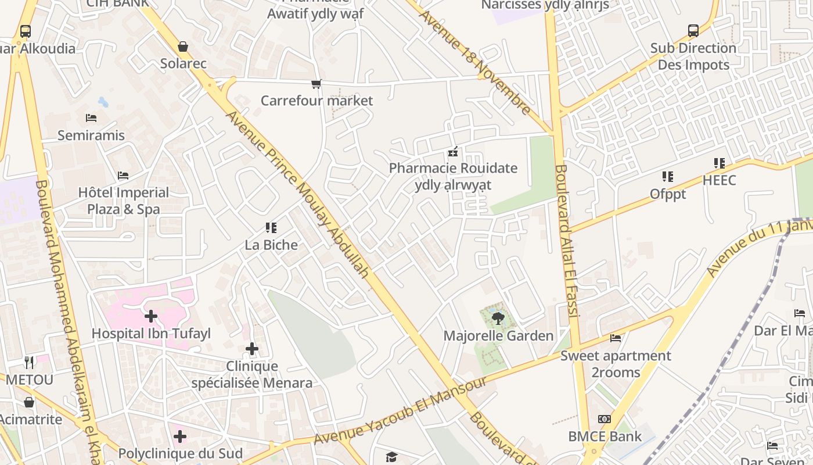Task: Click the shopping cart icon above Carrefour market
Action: (x=316, y=84)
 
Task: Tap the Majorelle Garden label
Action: (x=498, y=336)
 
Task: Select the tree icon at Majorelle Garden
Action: (x=498, y=318)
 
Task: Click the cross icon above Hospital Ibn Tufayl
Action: (x=151, y=316)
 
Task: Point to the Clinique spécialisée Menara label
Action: (x=251, y=375)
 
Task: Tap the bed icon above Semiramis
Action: (x=91, y=118)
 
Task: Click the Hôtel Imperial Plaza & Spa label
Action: (x=124, y=201)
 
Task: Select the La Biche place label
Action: (x=271, y=245)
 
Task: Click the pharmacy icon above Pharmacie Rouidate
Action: (x=453, y=152)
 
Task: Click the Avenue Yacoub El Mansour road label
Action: (x=401, y=410)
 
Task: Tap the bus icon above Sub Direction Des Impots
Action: (x=693, y=31)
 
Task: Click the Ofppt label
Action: (x=668, y=194)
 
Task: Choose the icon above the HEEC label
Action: (x=719, y=163)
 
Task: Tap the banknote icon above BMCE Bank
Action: (x=605, y=419)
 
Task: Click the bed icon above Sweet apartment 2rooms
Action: (x=616, y=338)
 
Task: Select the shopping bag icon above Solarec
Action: (x=183, y=46)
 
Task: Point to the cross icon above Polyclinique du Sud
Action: (x=180, y=436)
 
